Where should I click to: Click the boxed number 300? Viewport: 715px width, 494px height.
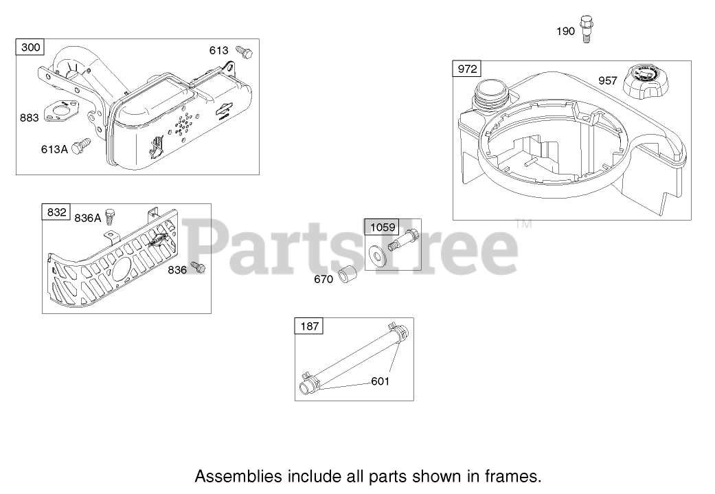(x=31, y=47)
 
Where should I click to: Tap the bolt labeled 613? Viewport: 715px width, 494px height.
(x=245, y=52)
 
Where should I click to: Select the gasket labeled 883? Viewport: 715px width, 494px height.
(x=63, y=113)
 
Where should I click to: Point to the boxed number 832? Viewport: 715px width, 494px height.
(x=57, y=212)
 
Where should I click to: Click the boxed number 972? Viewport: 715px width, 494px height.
(x=467, y=69)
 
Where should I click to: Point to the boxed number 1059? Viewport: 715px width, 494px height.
(x=383, y=227)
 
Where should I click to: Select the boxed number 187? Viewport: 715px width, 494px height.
(x=310, y=326)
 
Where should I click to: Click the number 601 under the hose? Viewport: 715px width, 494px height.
(x=380, y=381)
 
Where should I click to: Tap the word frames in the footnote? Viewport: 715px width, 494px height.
(x=517, y=475)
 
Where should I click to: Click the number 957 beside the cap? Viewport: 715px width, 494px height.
(x=608, y=80)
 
